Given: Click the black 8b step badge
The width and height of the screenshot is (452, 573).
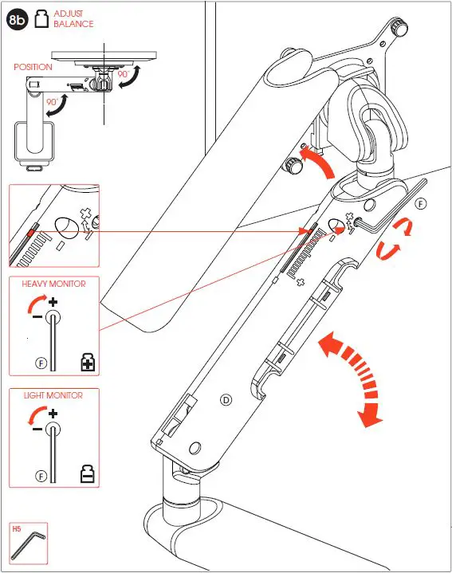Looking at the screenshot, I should [x=18, y=19].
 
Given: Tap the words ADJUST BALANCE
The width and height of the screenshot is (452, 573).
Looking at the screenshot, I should [x=73, y=19].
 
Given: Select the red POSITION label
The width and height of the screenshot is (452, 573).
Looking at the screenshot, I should [x=33, y=67].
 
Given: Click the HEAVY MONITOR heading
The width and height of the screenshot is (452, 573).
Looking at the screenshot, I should [x=53, y=284].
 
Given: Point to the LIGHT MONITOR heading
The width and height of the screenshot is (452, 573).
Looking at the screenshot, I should [x=53, y=395].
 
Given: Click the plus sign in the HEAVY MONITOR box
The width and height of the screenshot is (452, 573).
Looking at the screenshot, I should [x=53, y=302].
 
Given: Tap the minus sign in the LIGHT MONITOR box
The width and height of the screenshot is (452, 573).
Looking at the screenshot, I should [x=37, y=428].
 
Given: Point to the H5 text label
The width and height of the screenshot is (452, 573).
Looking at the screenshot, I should [x=17, y=528].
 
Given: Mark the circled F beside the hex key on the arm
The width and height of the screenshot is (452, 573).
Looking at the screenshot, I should [x=420, y=203].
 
